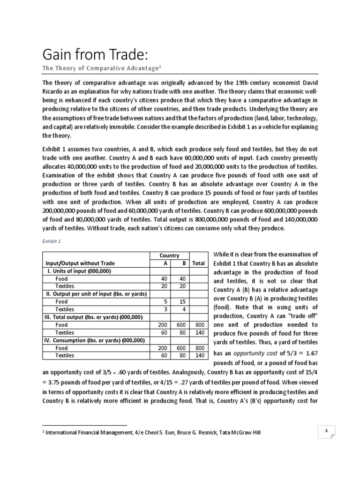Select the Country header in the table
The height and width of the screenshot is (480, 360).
169,255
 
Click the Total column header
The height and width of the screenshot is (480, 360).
198,263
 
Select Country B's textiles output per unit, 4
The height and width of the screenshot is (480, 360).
185,309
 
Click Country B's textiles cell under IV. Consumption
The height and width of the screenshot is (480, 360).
183,355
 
